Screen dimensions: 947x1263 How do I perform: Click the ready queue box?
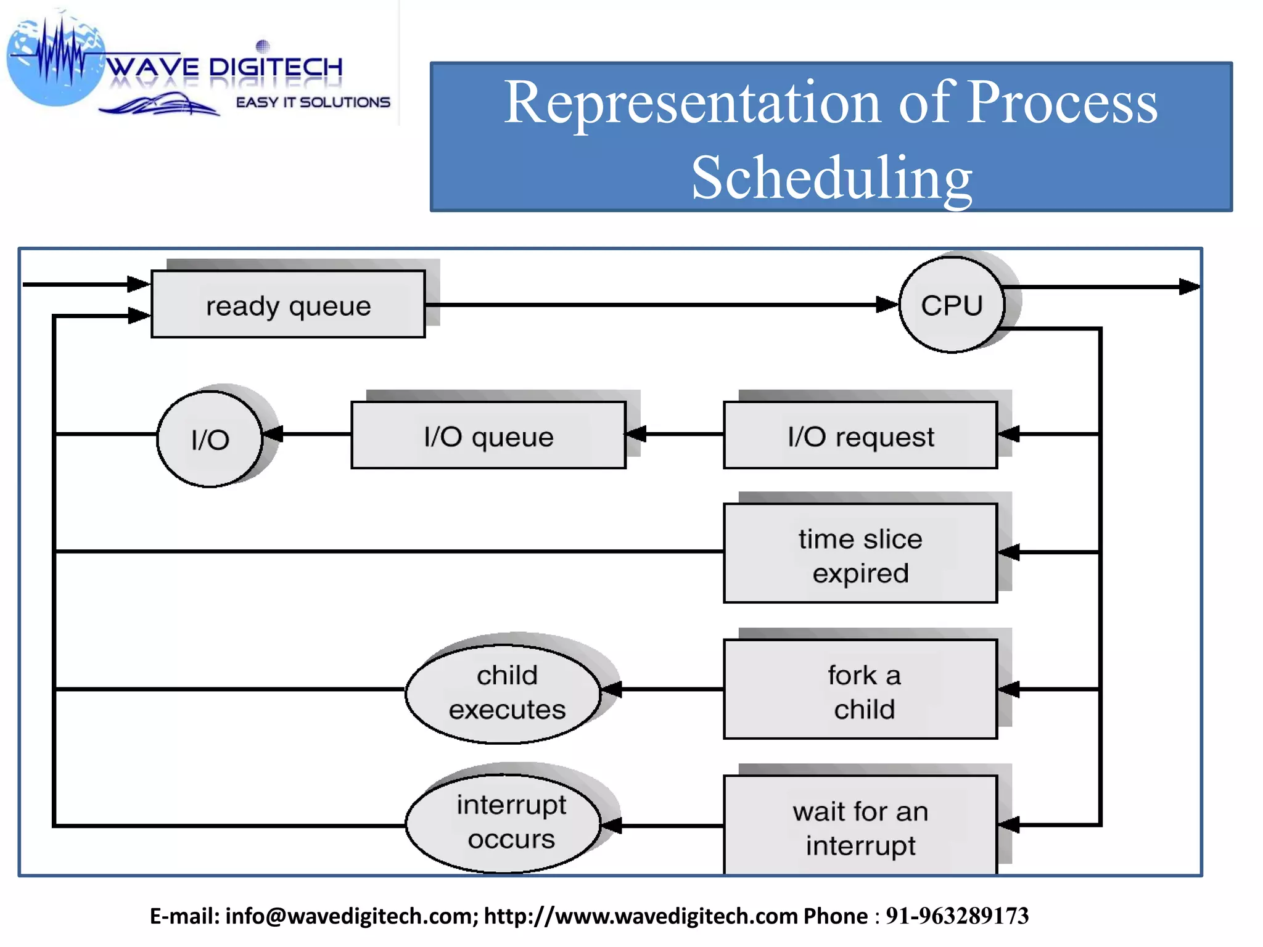pyautogui.click(x=288, y=305)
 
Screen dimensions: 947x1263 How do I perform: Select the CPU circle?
pyautogui.click(x=952, y=305)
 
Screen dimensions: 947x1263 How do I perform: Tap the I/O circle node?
pyautogui.click(x=210, y=439)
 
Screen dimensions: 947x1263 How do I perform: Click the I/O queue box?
pyautogui.click(x=488, y=436)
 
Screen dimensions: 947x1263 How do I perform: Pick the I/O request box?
pyautogui.click(x=860, y=436)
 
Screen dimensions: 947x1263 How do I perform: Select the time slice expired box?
pyautogui.click(x=860, y=554)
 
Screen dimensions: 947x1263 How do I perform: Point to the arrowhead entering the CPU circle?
pyautogui.click(x=887, y=305)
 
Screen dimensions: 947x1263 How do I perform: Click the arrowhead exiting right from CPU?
pyautogui.click(x=1188, y=287)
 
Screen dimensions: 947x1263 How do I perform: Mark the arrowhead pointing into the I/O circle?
pyautogui.click(x=273, y=434)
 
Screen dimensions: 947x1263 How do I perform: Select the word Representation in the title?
pyautogui.click(x=692, y=102)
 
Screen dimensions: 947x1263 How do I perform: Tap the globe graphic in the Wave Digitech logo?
pyautogui.click(x=56, y=62)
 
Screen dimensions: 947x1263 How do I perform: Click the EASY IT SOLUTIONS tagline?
pyautogui.click(x=313, y=102)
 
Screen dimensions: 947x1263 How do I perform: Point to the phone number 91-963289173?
pyautogui.click(x=957, y=916)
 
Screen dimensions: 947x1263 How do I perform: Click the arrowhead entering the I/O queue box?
pyautogui.click(x=636, y=434)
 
